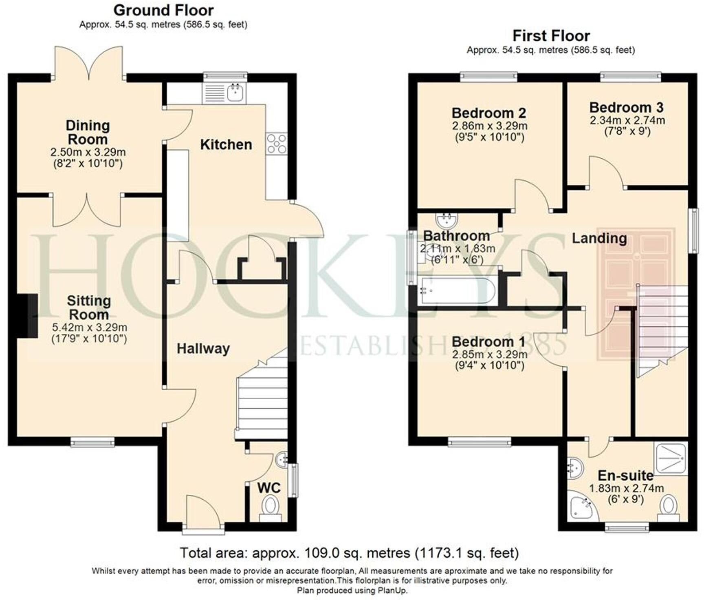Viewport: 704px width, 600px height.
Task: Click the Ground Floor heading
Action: pos(163,10)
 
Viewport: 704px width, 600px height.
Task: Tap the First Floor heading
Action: pos(551,36)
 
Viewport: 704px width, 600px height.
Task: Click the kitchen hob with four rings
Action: pos(277,144)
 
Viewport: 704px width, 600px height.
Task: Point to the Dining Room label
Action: pos(88,132)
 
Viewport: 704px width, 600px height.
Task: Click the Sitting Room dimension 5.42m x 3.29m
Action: pos(89,327)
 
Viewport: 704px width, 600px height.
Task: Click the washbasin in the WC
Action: pos(281,460)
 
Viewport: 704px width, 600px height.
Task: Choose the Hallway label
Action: pos(203,349)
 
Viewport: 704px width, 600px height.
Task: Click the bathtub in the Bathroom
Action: pos(457,291)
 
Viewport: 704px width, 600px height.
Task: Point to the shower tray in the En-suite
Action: pos(671,458)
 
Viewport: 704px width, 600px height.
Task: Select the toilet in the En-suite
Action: pos(668,507)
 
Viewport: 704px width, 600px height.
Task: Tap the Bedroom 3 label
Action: pos(626,107)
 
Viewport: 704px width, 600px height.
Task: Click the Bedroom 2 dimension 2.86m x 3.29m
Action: pos(489,126)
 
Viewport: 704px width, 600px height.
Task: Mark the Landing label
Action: pos(599,238)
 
